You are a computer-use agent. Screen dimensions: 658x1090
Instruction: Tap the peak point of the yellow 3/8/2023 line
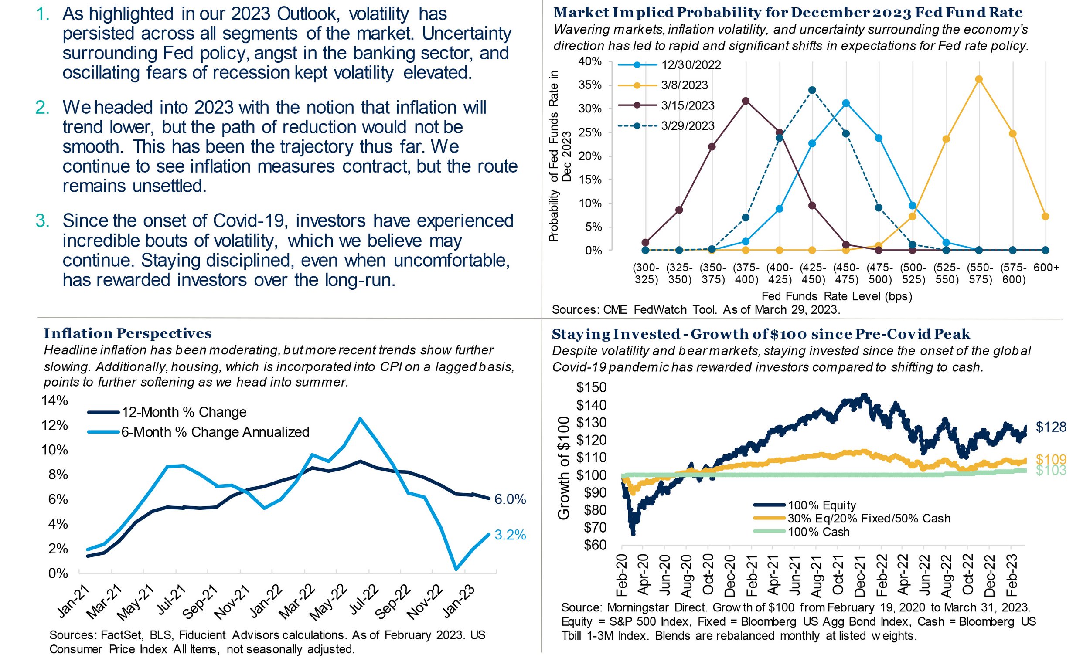pos(978,79)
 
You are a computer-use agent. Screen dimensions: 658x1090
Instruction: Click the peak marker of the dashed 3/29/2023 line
pos(812,90)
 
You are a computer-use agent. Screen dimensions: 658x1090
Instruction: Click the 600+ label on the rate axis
pos(1046,268)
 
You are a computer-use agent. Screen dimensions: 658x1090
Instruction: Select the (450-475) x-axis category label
pos(846,273)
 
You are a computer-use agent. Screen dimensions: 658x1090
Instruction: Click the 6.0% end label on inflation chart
pos(510,499)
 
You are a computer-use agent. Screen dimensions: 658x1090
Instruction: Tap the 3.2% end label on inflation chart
pos(510,535)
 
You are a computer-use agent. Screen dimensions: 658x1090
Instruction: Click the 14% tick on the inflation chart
pos(54,400)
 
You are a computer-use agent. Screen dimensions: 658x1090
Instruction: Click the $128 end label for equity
pos(1051,427)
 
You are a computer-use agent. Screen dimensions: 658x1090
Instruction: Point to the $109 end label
pos(1051,459)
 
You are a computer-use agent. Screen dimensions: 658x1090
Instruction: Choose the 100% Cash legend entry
pos(818,532)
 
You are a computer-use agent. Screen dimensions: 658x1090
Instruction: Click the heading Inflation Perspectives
pos(128,333)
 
